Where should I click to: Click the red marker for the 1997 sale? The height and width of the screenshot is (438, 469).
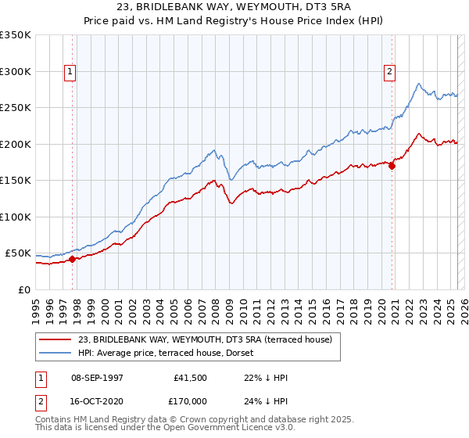[x=73, y=259]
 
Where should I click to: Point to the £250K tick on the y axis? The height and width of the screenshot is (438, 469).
[x=16, y=108]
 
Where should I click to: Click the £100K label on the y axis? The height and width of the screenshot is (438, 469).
[x=16, y=217]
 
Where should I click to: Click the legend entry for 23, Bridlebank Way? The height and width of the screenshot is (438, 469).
[x=205, y=339]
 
